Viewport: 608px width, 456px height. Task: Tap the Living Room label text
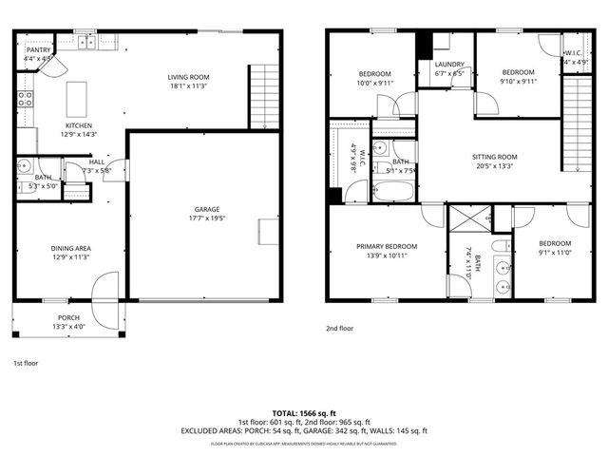[188, 77]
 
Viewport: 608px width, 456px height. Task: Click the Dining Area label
[71, 249]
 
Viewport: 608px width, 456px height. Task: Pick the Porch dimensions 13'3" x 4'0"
[68, 327]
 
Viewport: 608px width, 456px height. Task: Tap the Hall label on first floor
[97, 161]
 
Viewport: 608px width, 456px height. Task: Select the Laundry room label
[449, 64]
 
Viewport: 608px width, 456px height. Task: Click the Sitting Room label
[495, 157]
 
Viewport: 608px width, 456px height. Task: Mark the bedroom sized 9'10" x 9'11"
[519, 72]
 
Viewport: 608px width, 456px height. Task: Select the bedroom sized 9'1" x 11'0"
[555, 243]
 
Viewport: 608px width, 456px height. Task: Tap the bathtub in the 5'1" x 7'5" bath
[393, 192]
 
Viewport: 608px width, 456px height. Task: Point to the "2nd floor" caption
[339, 328]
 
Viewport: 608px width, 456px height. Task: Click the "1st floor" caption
[26, 363]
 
